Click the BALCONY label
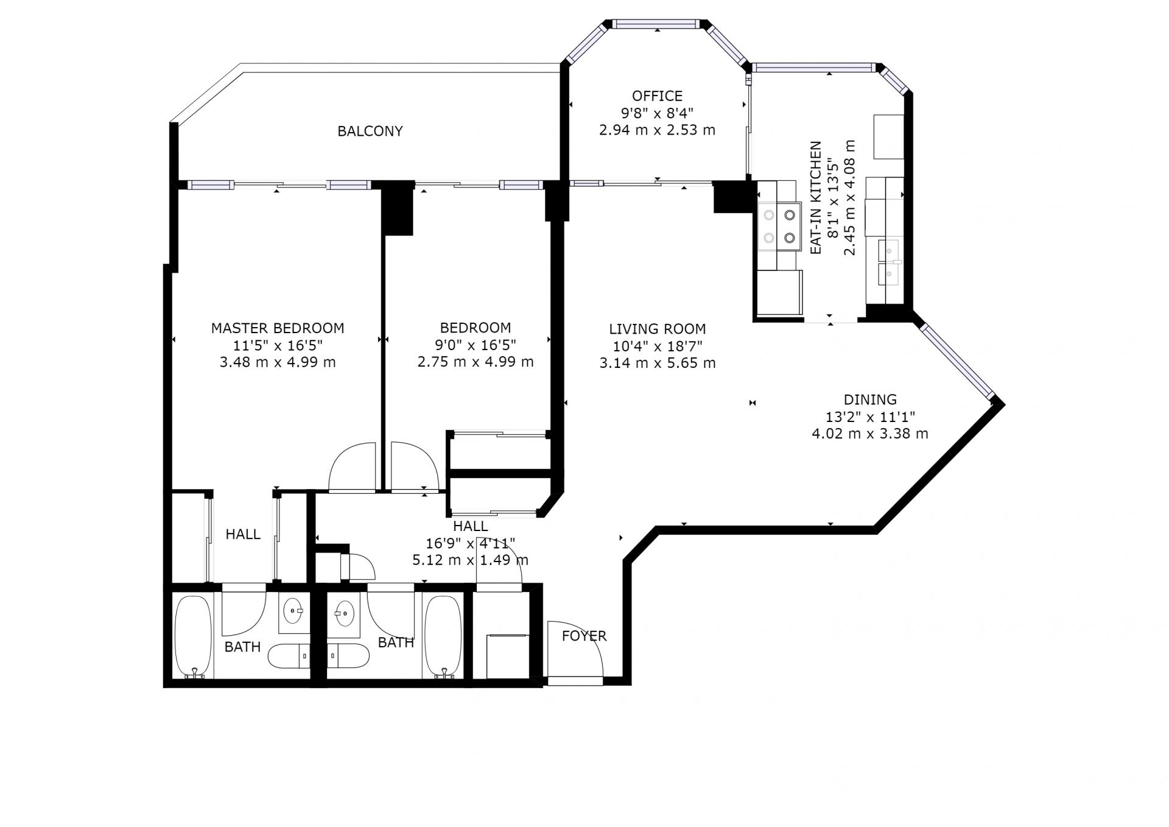370,131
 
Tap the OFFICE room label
657,96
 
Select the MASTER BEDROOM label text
278,328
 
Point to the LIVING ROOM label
658,329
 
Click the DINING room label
870,399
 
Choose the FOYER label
584,636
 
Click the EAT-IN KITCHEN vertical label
816,197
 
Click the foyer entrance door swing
575,649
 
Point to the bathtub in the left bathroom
194,636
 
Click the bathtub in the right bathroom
443,636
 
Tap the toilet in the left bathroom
289,656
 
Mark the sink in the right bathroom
345,613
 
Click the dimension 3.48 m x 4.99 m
278,362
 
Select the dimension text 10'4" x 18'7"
658,346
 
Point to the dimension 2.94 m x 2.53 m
657,130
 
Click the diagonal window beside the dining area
957,361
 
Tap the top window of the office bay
657,24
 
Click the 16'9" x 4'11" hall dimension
471,543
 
